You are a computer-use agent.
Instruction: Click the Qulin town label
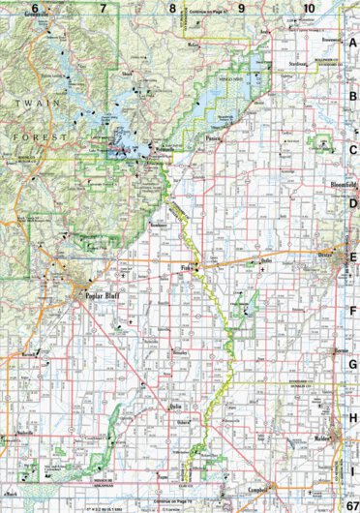175,407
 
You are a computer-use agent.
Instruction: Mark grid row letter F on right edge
353,313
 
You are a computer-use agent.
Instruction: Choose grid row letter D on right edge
353,204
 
